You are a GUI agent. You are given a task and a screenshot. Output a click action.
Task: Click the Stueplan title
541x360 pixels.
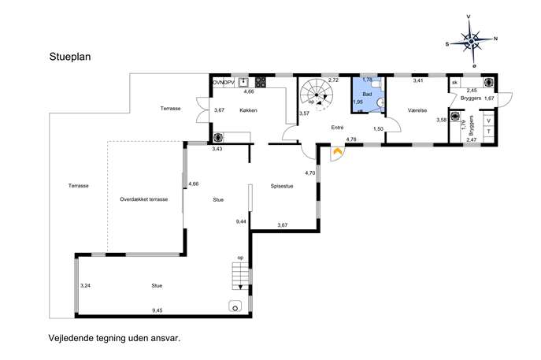(70, 57)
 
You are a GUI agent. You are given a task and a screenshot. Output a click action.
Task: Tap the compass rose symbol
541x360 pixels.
(471, 42)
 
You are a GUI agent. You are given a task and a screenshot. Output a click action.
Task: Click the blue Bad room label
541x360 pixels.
(367, 94)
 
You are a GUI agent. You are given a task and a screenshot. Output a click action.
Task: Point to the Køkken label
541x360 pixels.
(248, 110)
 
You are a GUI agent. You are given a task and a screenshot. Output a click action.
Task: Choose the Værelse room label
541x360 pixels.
(417, 110)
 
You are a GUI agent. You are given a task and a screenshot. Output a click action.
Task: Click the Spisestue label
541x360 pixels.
(282, 186)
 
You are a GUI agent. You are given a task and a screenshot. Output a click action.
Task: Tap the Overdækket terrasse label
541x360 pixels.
(144, 199)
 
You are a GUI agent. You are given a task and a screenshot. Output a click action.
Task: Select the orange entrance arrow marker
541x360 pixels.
(337, 151)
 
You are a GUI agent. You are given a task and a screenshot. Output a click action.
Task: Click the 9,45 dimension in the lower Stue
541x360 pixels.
(157, 310)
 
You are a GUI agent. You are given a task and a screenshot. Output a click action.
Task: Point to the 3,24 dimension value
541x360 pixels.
(85, 285)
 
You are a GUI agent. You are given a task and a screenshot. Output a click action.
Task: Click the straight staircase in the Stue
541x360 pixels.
(240, 276)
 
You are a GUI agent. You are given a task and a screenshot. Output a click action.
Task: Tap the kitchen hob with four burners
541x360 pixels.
(261, 82)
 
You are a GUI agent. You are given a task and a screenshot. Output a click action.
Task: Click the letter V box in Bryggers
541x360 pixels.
(488, 121)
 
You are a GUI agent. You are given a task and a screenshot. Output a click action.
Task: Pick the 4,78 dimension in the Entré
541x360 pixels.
(351, 139)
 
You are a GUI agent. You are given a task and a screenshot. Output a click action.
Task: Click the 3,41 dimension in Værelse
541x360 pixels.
(418, 81)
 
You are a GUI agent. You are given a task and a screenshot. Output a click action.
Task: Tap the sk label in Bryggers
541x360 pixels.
(454, 83)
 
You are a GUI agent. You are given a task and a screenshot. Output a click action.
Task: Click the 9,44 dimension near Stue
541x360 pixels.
(241, 221)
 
